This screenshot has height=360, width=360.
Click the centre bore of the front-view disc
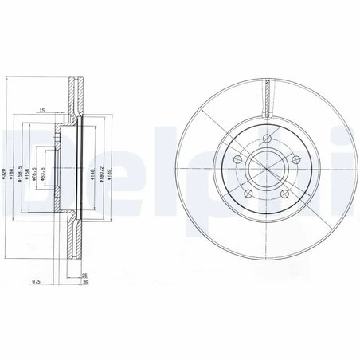(266, 170)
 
